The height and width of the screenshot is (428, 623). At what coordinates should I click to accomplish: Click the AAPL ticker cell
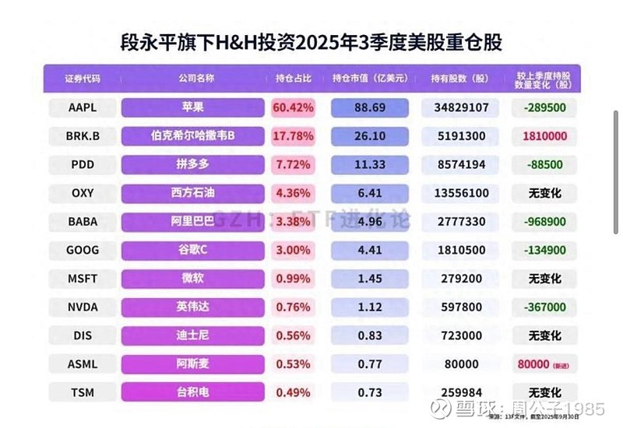coord(82,107)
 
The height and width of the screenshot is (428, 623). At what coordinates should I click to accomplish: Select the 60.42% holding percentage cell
coord(293,107)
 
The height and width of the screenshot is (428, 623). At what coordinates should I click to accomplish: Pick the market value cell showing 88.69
coord(370,107)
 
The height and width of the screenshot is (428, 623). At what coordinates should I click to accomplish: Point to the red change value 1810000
coord(545,136)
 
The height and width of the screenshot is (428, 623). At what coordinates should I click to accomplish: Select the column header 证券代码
coord(82,79)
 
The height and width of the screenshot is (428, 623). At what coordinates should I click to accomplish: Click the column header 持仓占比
coord(293,79)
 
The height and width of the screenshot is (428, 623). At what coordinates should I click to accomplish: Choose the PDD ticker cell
coord(82,164)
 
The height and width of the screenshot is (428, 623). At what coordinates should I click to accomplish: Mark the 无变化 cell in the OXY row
coord(545,193)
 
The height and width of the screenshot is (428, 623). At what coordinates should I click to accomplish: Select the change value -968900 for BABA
coord(545,222)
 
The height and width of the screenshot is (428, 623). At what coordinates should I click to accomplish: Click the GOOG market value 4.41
coord(370,250)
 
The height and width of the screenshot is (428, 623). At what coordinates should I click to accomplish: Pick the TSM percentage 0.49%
coord(293,392)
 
